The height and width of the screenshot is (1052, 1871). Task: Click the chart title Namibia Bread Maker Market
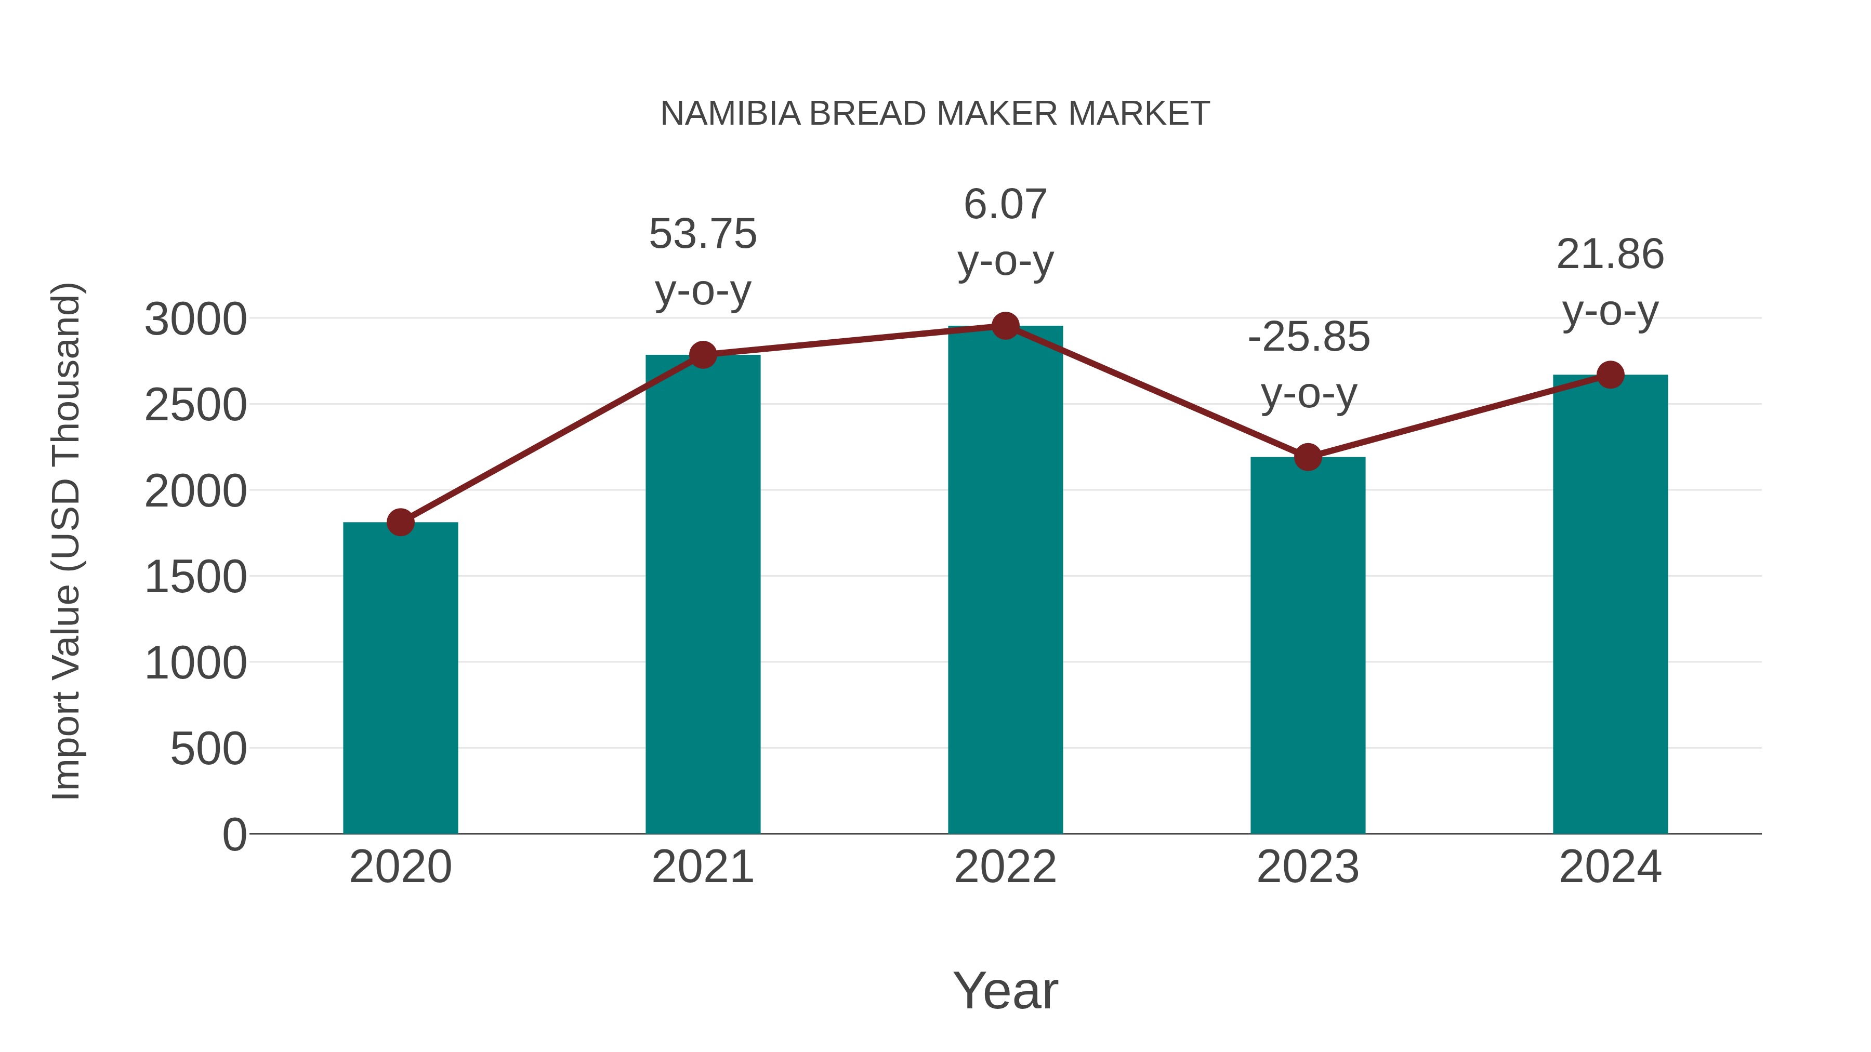point(935,114)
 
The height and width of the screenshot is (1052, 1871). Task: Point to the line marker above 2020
point(400,522)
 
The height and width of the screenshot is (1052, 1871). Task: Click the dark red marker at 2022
point(1005,326)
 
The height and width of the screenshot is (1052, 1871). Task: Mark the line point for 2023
point(1308,457)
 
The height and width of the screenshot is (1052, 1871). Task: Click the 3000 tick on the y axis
point(195,319)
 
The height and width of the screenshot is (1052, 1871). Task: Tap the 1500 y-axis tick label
point(195,578)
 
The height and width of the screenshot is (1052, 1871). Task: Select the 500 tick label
point(208,749)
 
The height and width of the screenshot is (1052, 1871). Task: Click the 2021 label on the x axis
point(702,867)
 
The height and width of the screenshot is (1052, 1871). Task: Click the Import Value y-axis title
point(67,541)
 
